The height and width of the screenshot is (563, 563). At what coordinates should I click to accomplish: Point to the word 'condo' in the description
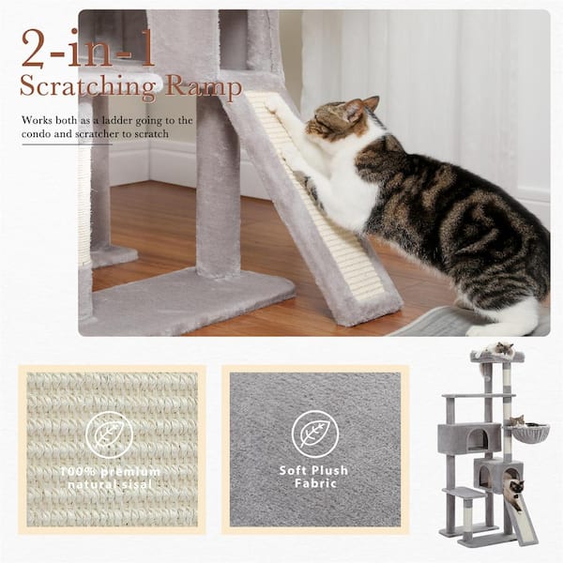pos(40,134)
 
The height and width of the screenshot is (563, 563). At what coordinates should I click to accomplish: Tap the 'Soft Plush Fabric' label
pos(313,476)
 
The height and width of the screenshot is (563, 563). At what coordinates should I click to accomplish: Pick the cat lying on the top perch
pos(498,350)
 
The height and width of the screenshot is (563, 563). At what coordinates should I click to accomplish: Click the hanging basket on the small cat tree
pos(528,434)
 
